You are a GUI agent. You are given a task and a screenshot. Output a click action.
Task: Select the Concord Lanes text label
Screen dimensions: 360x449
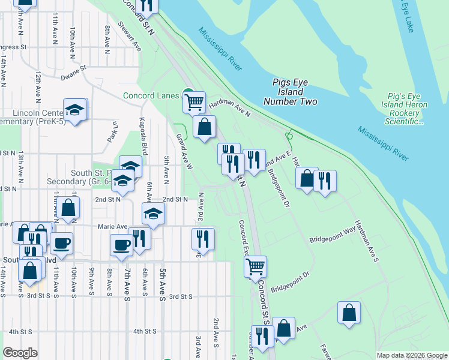tap(151, 95)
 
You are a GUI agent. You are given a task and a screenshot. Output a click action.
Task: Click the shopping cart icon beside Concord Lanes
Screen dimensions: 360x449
tap(194, 102)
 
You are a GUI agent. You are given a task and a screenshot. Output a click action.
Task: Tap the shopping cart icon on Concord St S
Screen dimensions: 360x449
tap(256, 266)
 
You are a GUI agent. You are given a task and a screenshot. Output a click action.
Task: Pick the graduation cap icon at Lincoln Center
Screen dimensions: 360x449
tap(75, 109)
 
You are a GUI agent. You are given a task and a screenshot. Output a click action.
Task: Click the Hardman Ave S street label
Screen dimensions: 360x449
tap(366, 240)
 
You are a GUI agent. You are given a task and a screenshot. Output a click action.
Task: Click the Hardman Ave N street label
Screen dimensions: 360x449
tap(229, 108)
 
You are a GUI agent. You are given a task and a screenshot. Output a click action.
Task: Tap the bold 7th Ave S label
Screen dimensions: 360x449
tap(127, 284)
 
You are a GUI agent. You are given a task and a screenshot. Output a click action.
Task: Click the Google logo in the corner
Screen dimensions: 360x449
tap(20, 353)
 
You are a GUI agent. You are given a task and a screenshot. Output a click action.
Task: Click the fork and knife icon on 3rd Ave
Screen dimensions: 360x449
tap(203, 239)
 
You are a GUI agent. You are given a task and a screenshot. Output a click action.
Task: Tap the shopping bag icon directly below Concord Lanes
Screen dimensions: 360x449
tap(205, 127)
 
